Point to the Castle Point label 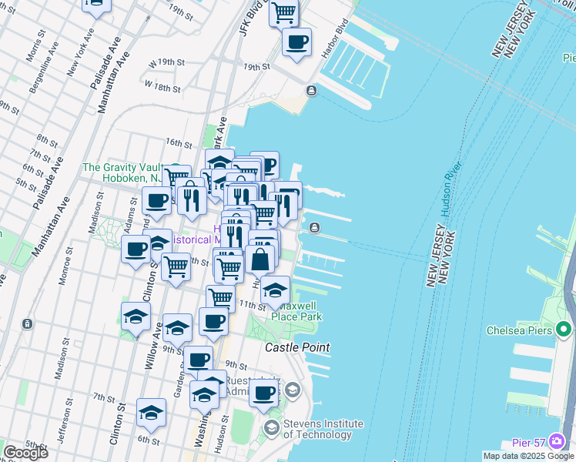pos(297,348)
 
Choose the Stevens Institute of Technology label pos(323,429)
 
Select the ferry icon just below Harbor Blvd pos(311,91)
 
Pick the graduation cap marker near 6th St pos(152,413)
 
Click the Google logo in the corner pos(25,453)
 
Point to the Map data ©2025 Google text pos(528,456)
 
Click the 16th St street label pos(179,143)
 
